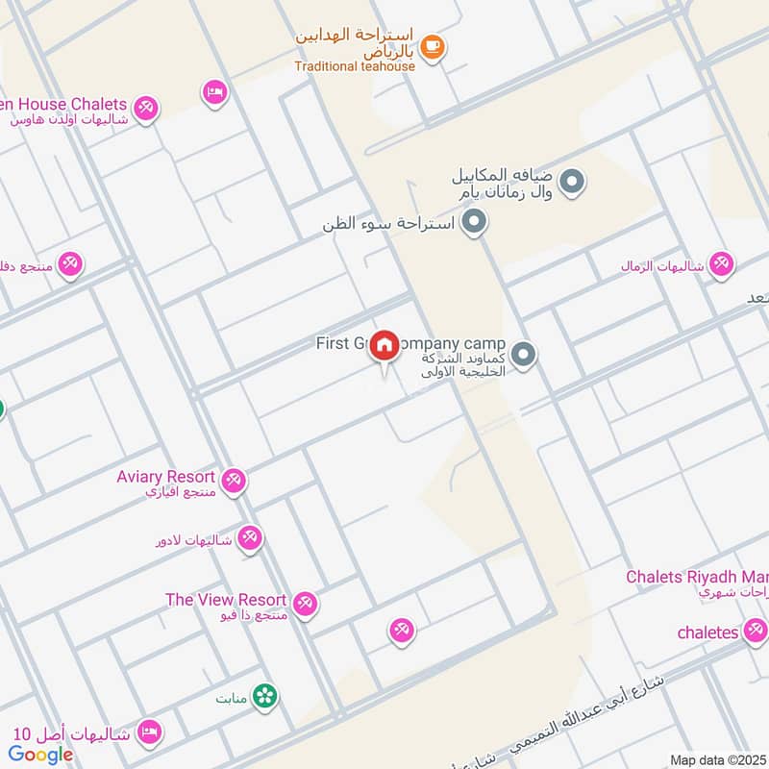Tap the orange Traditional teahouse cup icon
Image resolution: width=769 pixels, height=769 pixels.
[x=433, y=46]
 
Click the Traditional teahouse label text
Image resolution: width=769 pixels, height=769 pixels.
[x=355, y=66]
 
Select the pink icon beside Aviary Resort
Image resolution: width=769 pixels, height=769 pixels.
[x=234, y=480]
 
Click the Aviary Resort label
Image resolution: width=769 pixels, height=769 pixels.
[x=165, y=477]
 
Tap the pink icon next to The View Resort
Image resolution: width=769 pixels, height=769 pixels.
[x=306, y=604]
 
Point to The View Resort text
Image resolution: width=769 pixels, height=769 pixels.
[x=225, y=600]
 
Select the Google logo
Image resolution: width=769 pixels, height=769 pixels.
[x=41, y=755]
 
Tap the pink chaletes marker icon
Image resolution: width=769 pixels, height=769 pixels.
[x=755, y=632]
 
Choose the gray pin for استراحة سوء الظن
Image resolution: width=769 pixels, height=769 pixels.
[x=473, y=224]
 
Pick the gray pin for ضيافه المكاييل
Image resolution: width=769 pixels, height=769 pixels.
[x=572, y=181]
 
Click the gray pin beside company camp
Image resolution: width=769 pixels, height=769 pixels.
[x=524, y=356]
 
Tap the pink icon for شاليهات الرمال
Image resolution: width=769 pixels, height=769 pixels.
[x=721, y=264]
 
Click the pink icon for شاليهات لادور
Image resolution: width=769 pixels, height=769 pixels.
[x=250, y=538]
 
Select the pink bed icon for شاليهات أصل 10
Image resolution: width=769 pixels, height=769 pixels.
[x=148, y=733]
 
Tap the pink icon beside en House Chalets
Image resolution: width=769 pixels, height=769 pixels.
[x=146, y=108]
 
